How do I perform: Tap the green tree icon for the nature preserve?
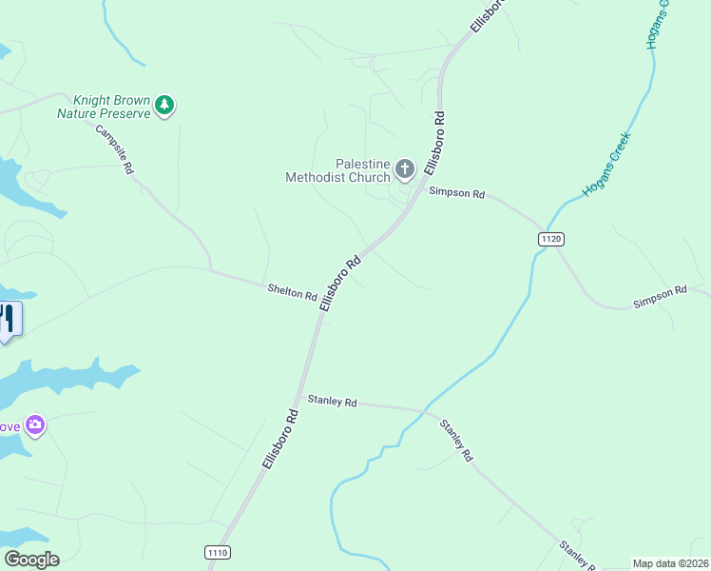coord(164,105)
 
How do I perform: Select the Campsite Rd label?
coord(115,148)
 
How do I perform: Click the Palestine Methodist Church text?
coord(338,170)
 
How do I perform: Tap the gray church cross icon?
coord(405,170)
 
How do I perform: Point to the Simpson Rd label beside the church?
coord(456,192)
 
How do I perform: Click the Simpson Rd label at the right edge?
coord(660,296)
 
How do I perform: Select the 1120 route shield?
coord(551,239)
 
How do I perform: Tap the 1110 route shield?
coord(217,552)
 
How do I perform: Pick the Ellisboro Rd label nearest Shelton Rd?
coord(341,282)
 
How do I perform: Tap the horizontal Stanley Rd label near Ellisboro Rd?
coord(331,401)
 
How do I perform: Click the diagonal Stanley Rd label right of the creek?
coord(455,439)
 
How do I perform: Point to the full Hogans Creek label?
coord(607,164)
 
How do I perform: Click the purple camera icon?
coord(35,424)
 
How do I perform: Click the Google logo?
coord(31,559)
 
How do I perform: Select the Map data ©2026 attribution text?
coord(670,563)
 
